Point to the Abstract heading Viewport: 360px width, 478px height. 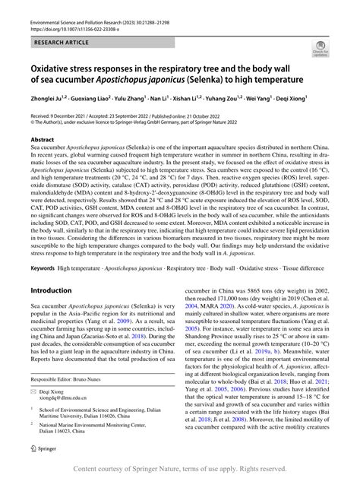pyautogui.click(x=42, y=141)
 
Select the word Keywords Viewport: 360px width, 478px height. pyautogui.click(x=43, y=247)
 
